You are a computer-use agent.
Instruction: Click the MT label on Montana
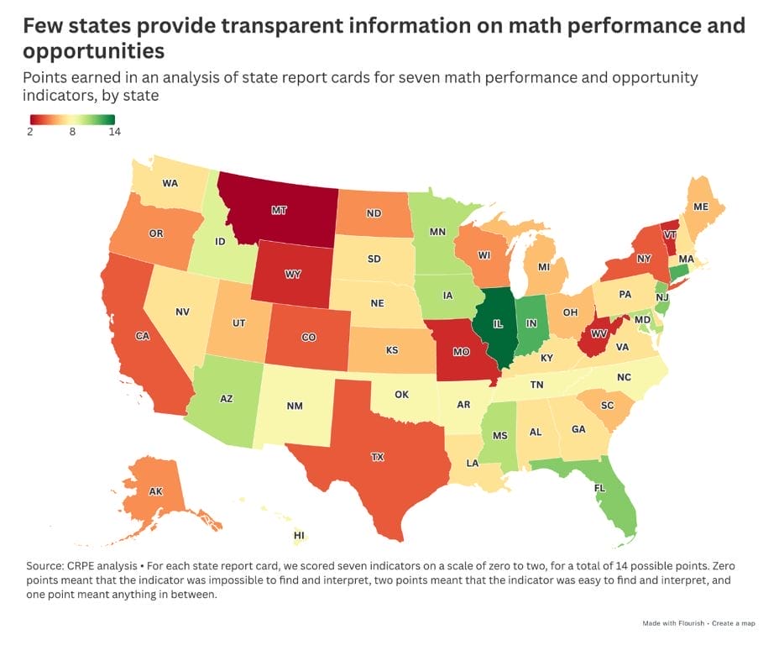click(278, 211)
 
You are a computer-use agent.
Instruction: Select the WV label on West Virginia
click(599, 334)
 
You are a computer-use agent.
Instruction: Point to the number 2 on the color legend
click(29, 132)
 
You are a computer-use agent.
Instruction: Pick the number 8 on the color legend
click(72, 132)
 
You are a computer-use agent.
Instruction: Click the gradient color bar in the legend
click(72, 118)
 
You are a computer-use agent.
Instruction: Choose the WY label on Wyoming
click(292, 275)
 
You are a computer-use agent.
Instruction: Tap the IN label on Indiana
click(531, 322)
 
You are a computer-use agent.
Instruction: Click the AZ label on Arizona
click(226, 399)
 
